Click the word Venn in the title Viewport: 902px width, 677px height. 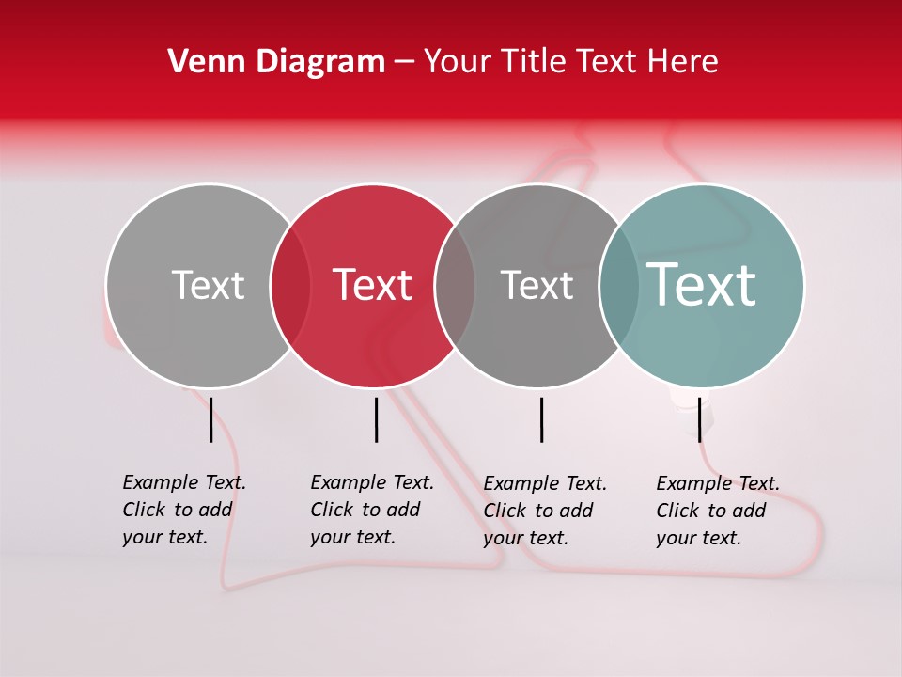point(201,62)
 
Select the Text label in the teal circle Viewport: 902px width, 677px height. point(701,284)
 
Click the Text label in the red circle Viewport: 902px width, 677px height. point(373,285)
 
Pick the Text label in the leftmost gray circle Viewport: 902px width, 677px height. point(208,285)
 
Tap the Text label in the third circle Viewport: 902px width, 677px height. point(537,285)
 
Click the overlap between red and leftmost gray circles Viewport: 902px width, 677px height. point(290,286)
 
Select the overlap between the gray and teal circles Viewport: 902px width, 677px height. point(619,286)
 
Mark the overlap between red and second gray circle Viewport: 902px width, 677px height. point(455,286)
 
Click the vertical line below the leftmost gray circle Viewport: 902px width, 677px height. point(210,419)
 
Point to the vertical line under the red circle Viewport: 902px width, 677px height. point(376,419)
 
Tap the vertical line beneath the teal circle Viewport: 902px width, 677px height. point(700,419)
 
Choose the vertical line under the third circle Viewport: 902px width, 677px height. point(541,419)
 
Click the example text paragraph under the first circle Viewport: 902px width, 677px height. point(183,510)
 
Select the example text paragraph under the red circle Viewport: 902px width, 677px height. point(371,510)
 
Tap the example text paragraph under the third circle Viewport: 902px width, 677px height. point(544,511)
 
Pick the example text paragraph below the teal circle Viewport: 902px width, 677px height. point(717,511)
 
